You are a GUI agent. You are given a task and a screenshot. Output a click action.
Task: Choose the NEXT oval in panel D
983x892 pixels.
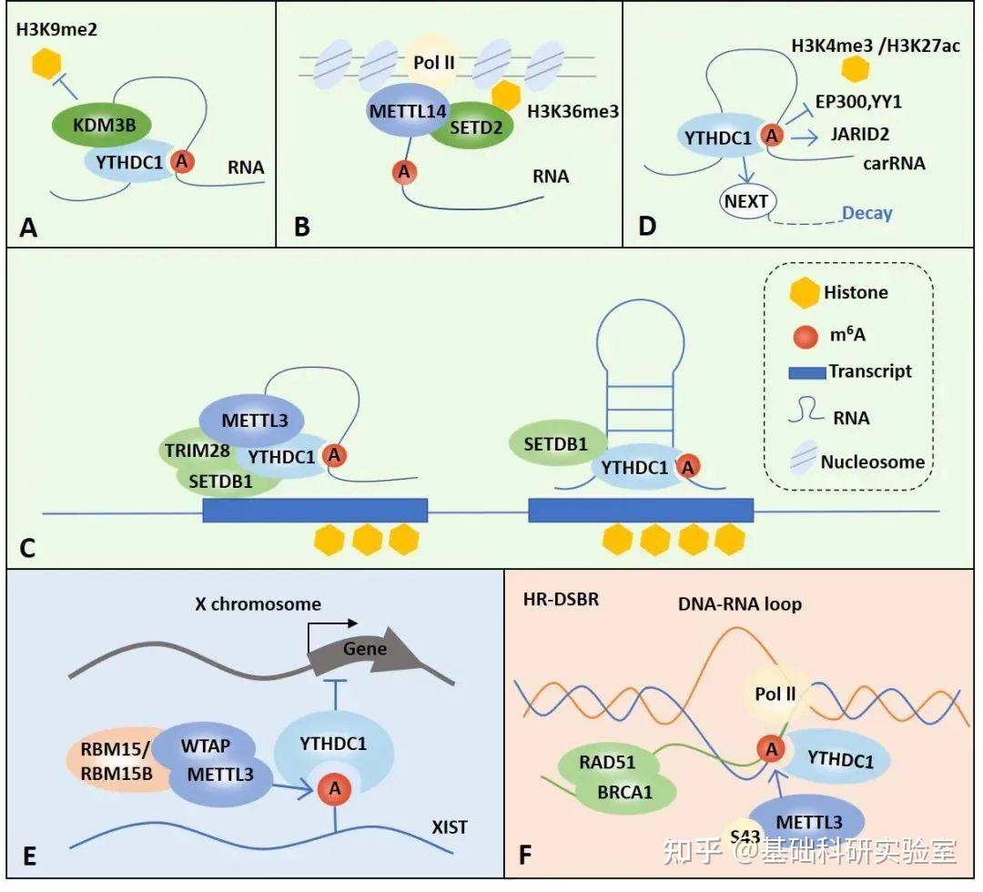(746, 202)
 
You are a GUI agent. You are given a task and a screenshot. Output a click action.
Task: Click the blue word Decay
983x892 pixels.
(866, 213)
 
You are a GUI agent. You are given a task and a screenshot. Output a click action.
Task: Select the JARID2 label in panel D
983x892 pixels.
(858, 134)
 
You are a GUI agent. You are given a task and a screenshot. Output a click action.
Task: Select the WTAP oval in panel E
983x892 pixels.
(205, 746)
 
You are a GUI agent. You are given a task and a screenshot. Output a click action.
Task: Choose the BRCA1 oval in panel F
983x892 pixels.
(625, 793)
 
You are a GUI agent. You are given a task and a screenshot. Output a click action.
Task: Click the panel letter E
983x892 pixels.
(29, 857)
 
